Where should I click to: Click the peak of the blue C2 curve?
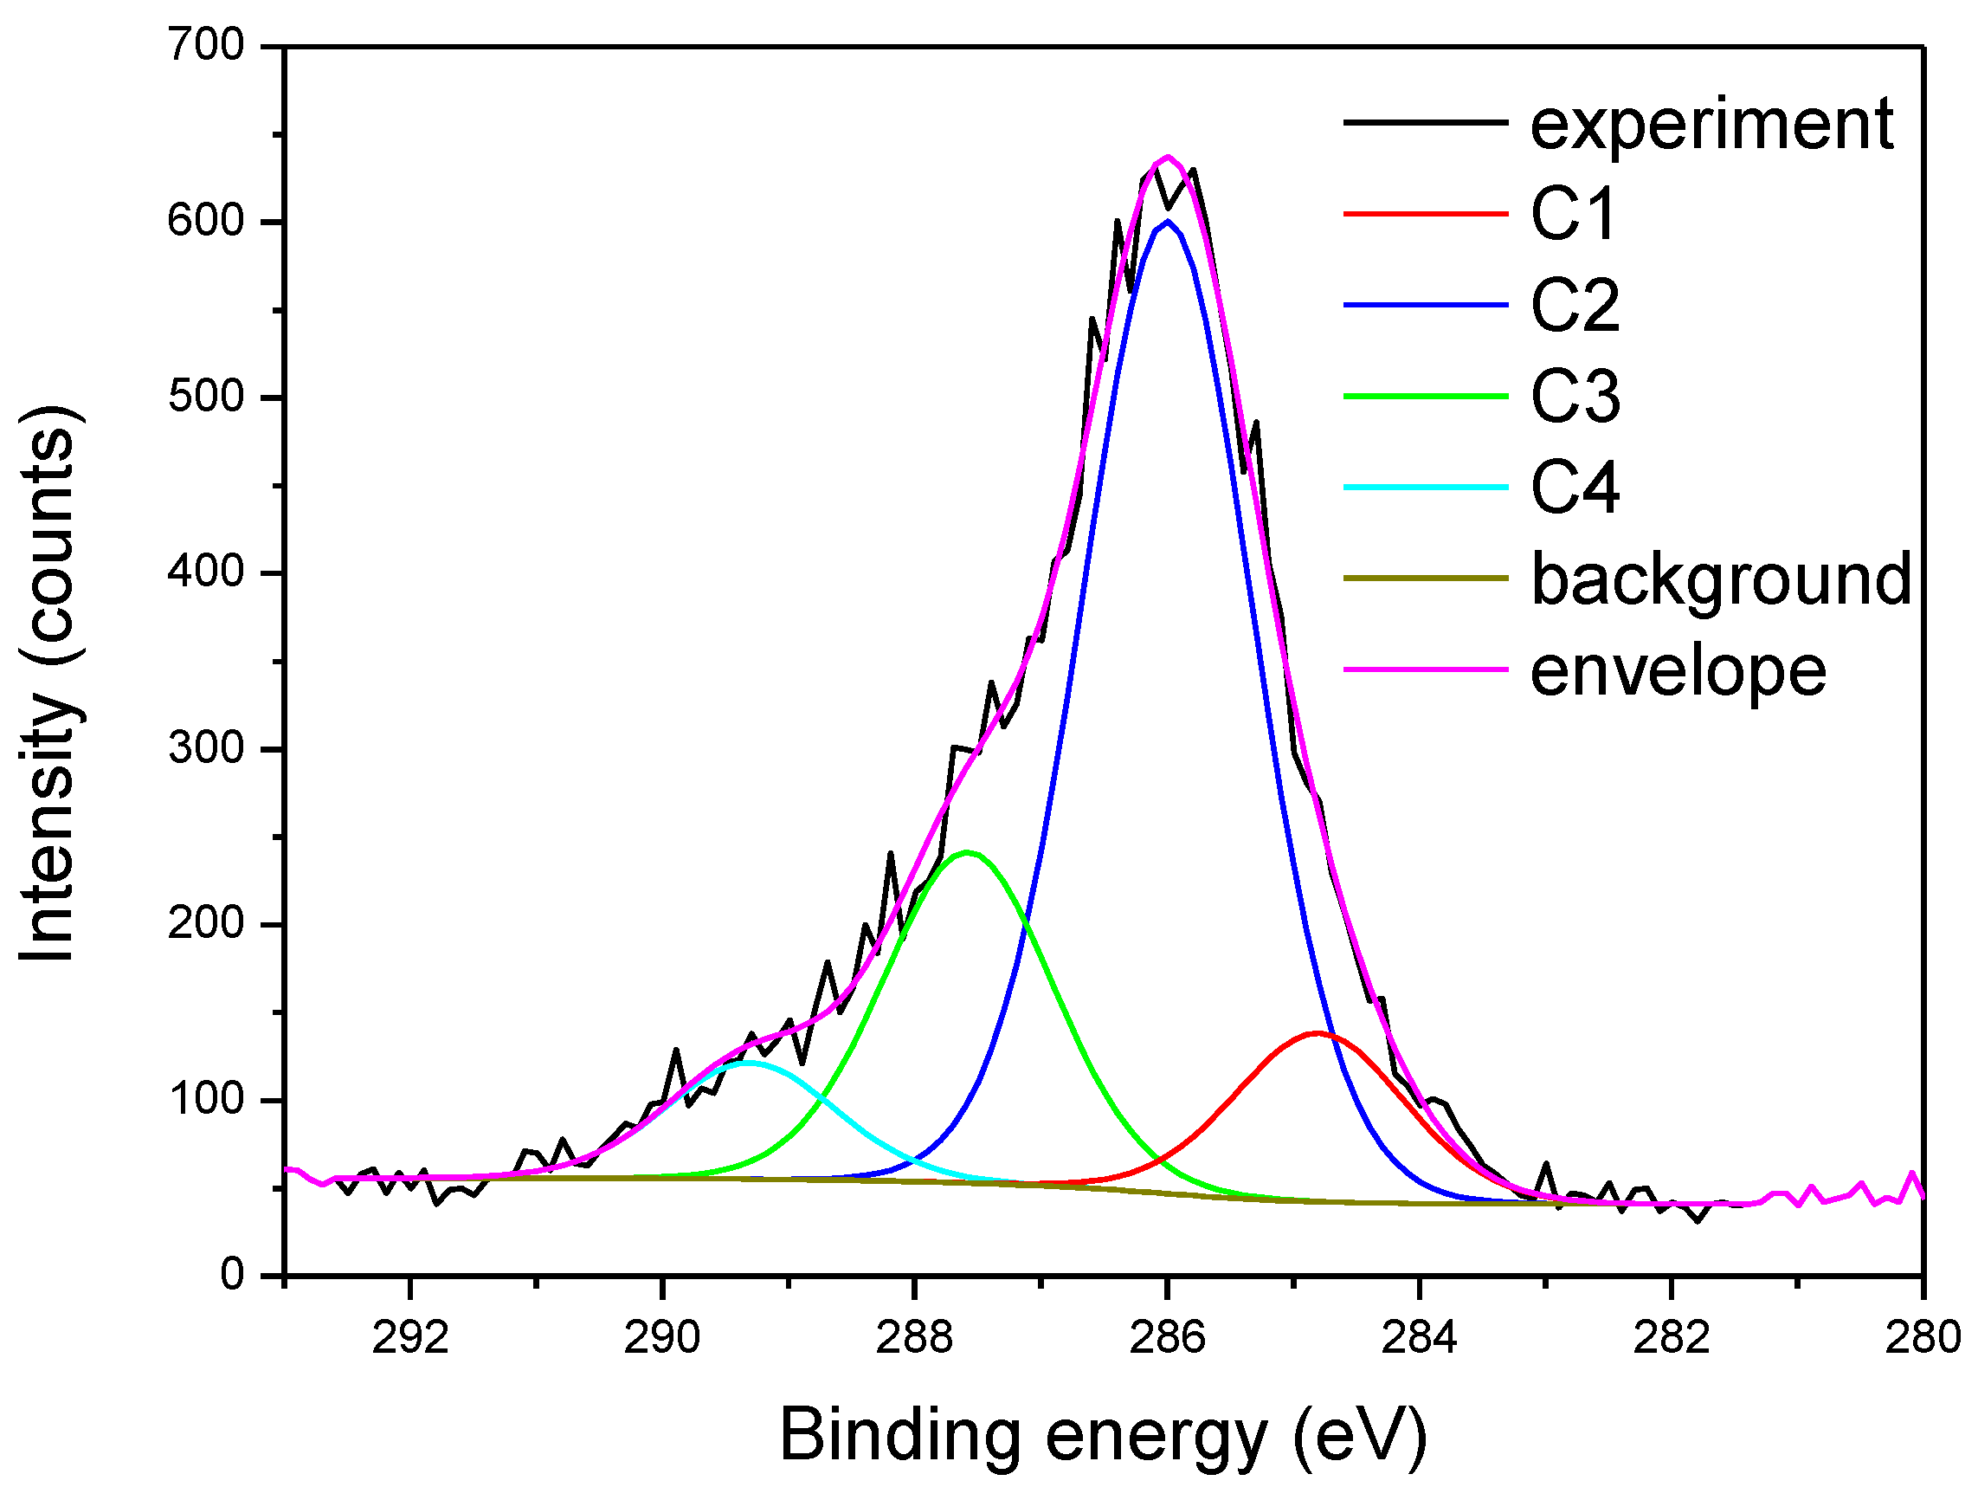click(1167, 221)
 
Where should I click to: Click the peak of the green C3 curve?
click(967, 852)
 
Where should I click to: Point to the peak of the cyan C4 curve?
click(749, 1062)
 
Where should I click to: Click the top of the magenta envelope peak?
click(1167, 158)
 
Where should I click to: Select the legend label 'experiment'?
click(1711, 125)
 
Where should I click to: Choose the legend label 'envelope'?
click(1678, 671)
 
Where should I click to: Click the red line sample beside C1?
click(1427, 214)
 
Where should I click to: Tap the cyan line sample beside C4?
click(1427, 488)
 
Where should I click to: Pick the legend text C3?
click(1575, 397)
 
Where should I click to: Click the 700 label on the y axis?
click(206, 45)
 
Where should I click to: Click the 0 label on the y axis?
click(232, 1274)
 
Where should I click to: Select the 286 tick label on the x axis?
click(1167, 1337)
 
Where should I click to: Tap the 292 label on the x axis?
click(409, 1337)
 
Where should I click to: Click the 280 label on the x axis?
click(1923, 1337)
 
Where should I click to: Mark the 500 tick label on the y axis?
click(206, 397)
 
